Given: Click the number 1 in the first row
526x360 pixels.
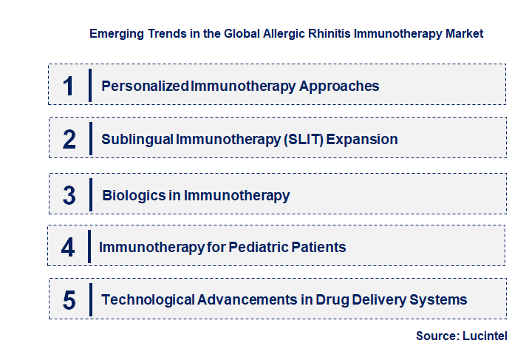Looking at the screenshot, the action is [x=68, y=86].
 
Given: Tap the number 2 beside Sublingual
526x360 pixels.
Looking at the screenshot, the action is [x=69, y=139].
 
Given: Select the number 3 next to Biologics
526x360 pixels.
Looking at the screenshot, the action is [x=69, y=195].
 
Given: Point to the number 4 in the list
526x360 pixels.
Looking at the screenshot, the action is [x=68, y=247].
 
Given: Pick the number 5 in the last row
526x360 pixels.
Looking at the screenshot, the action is [x=69, y=300].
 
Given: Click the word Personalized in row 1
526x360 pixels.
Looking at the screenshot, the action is [x=145, y=86].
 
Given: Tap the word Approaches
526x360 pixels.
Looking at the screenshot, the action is [x=339, y=86].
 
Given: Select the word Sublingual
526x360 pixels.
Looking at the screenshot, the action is [x=137, y=140].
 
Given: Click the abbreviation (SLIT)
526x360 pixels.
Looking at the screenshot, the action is [x=304, y=140].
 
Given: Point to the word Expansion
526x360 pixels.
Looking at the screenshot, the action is [x=362, y=140].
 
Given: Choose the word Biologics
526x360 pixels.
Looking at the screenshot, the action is [x=134, y=195].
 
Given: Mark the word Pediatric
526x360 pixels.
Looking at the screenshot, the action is [x=259, y=247].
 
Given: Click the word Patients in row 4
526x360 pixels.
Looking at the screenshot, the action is [x=318, y=247].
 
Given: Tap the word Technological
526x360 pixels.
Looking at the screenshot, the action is [x=148, y=300].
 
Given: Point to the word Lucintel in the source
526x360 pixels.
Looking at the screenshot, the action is [x=485, y=336].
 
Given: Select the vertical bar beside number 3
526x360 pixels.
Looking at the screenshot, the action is [x=91, y=194].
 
